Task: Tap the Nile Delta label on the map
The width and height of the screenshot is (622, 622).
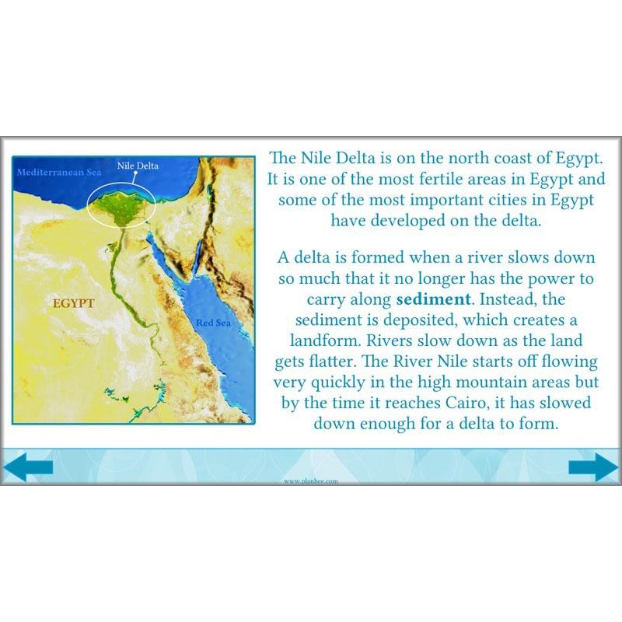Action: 137,166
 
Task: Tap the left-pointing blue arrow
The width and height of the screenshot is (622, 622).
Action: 28,467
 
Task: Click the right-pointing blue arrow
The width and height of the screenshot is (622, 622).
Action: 592,467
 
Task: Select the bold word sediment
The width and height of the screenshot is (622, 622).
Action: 434,299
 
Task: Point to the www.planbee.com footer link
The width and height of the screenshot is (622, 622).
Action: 311,481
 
